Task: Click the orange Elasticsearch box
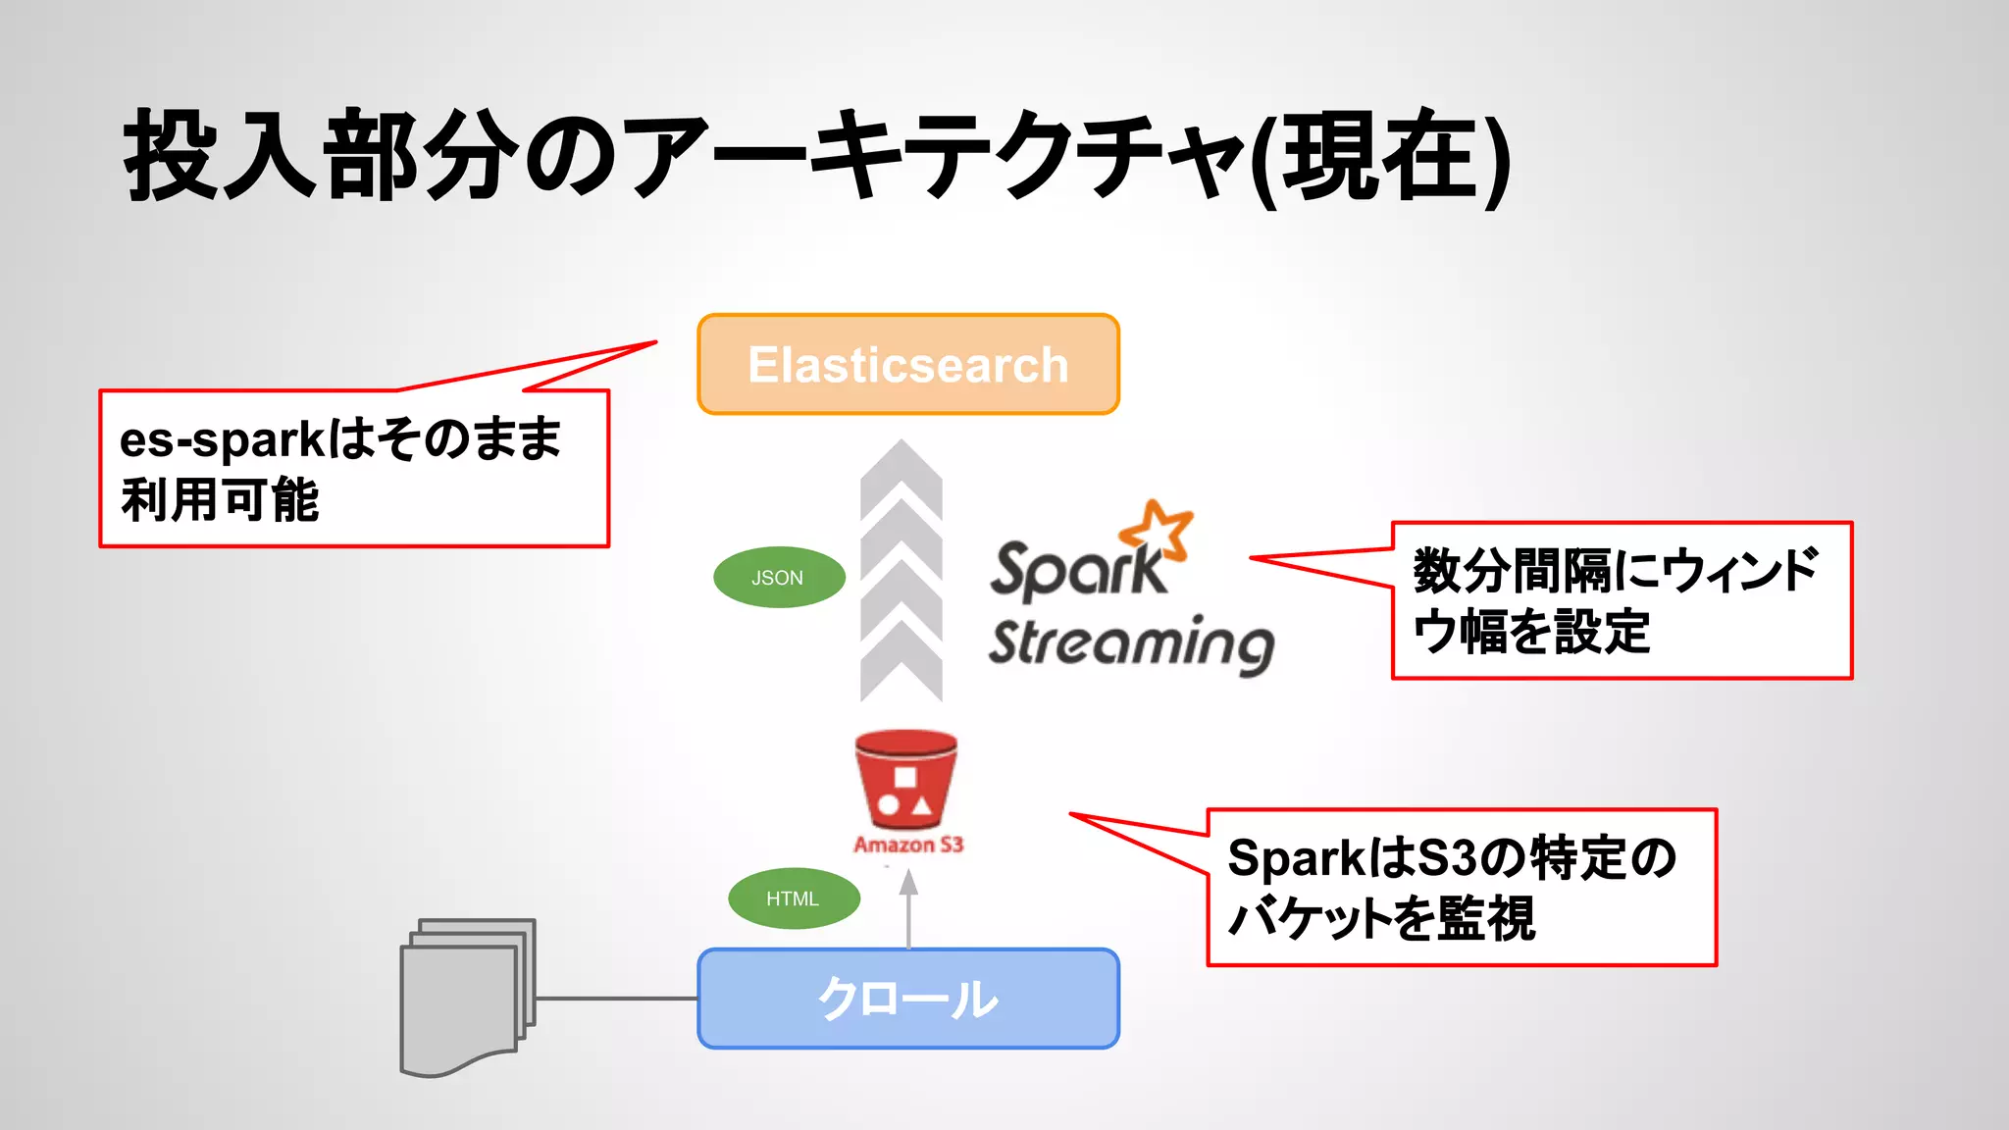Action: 907,365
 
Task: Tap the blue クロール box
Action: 907,999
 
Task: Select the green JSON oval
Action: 779,578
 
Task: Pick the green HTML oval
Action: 794,899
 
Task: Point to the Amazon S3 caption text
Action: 908,845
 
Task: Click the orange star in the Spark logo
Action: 1159,530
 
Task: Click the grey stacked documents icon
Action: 467,997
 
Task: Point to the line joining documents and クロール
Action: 616,999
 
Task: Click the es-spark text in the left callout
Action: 222,439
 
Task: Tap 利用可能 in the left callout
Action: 220,500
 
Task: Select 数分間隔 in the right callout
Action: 1511,571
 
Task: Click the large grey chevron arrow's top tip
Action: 901,444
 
